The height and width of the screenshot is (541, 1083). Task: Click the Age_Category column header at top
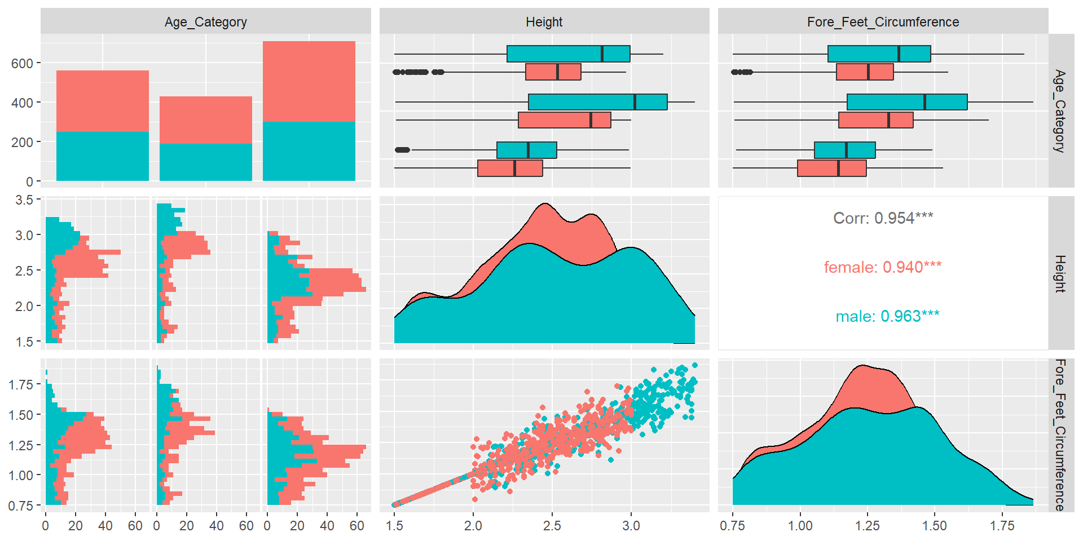pos(206,22)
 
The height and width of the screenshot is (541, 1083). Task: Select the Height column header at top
pos(544,22)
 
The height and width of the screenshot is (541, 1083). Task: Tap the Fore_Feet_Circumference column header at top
pos(883,22)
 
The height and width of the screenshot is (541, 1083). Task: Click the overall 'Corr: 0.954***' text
pos(883,218)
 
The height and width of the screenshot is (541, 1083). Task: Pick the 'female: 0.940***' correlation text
pos(883,267)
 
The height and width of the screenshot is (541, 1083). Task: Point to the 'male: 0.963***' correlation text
pos(887,316)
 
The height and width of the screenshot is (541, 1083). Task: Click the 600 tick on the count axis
pos(22,64)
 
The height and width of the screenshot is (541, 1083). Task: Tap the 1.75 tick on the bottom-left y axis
pos(21,385)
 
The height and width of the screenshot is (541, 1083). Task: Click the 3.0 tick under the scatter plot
pos(631,526)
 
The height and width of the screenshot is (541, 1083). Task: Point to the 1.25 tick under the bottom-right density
pos(867,526)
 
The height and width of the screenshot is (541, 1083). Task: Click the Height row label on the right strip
pos(1060,273)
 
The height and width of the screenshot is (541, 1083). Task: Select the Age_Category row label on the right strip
pos(1060,111)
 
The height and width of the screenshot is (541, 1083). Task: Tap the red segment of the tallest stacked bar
pos(309,81)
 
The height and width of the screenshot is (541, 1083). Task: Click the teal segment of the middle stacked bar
pos(206,162)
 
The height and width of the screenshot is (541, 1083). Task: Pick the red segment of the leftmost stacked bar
pos(103,101)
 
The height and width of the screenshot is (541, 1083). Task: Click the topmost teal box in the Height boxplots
pos(568,54)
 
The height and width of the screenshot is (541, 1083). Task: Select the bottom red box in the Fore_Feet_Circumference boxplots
pos(831,168)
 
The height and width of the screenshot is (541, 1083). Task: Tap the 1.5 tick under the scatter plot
pos(394,526)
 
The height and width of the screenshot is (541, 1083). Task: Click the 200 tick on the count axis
pos(22,143)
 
